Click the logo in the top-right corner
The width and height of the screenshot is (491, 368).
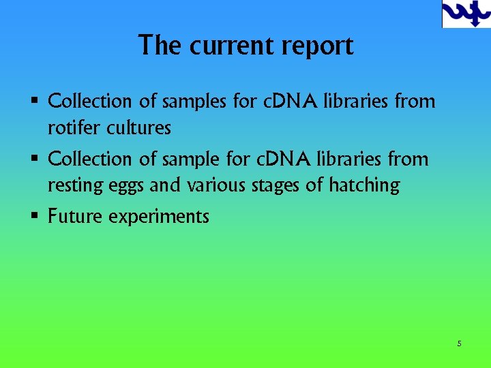[466, 14]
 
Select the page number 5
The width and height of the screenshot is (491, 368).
[459, 343]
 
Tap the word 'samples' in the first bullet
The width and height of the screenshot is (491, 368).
[194, 102]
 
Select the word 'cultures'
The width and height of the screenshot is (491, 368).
[138, 127]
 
